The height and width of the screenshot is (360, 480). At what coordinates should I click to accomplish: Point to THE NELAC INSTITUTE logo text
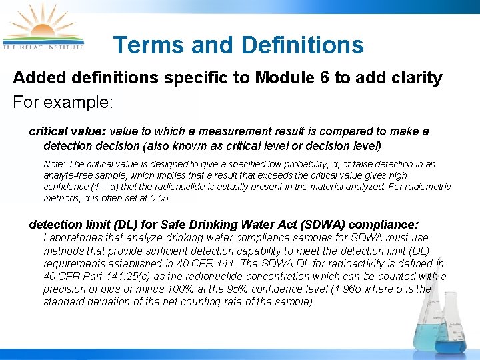43,47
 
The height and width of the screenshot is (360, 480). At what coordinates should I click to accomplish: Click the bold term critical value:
68,131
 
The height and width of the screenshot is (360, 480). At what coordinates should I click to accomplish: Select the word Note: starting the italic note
54,164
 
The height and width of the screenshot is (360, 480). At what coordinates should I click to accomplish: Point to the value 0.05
161,199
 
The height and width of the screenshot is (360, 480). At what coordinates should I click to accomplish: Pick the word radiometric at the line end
427,187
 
